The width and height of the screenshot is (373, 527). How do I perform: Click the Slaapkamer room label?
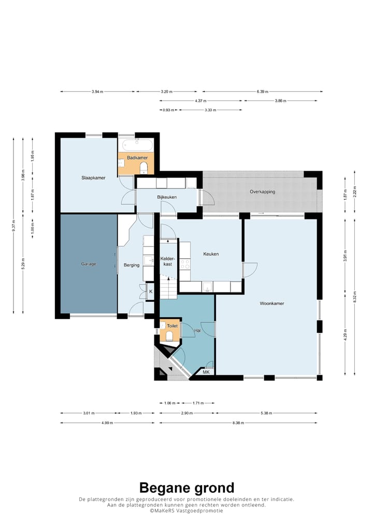(x=93, y=178)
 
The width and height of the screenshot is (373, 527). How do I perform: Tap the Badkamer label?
(x=137, y=157)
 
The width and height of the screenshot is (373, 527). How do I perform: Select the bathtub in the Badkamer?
(x=137, y=145)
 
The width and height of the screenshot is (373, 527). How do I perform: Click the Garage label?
(x=89, y=264)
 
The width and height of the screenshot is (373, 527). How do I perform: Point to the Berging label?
(x=132, y=265)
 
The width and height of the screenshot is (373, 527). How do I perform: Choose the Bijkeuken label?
(x=167, y=197)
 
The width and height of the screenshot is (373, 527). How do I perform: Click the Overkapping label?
(x=262, y=192)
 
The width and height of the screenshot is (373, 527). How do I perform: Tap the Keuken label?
(x=211, y=254)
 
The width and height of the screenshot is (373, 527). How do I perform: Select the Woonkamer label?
(x=272, y=303)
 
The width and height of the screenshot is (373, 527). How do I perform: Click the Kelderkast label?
(x=167, y=261)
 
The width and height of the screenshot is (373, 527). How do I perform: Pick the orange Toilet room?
(x=170, y=331)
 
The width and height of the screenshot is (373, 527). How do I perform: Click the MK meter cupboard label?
(x=206, y=372)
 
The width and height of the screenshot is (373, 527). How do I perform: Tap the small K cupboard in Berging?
(x=150, y=292)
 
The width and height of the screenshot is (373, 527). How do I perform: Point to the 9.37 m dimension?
(x=13, y=226)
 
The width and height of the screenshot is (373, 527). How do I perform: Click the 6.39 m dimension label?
(x=262, y=92)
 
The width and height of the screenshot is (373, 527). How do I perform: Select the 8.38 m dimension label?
(x=238, y=423)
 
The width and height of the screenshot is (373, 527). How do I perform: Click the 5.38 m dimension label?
(x=266, y=413)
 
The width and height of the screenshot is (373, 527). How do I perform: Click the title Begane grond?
(x=187, y=487)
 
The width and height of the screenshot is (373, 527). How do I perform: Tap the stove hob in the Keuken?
(x=184, y=264)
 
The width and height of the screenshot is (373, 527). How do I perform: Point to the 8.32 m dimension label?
(x=354, y=297)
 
